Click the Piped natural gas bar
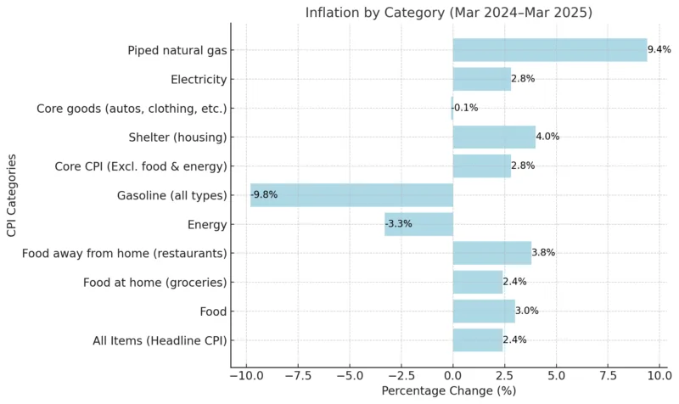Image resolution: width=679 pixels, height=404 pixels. tap(549, 50)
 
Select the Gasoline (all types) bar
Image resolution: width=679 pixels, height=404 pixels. tap(351, 195)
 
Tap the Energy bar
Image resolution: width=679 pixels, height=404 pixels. tap(418, 224)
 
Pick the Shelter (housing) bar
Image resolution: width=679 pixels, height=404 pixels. tap(494, 137)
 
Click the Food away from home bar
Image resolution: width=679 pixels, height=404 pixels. tap(491, 253)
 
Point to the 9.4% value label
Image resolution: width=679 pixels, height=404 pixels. tap(659, 50)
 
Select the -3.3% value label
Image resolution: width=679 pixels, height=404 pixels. tap(399, 224)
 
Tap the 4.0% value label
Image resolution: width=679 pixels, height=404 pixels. tap(548, 137)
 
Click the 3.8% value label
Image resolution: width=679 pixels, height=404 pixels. tap(543, 253)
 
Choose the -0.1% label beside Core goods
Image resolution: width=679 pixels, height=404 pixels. tap(465, 108)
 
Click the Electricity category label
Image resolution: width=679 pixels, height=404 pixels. tap(199, 80)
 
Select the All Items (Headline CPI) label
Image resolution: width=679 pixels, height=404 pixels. tap(160, 340)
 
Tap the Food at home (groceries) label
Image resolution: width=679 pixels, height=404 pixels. tap(154, 282)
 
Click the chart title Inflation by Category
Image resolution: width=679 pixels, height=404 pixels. tap(449, 12)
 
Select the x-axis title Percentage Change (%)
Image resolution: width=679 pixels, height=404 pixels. tap(449, 391)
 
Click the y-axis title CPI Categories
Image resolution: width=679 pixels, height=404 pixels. tap(11, 195)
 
